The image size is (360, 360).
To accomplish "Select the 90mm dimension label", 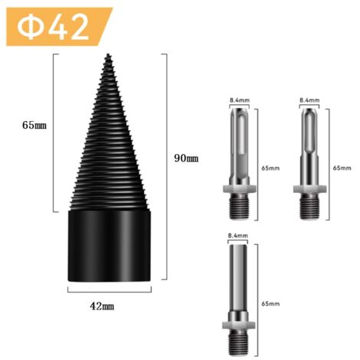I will click(x=187, y=158).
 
